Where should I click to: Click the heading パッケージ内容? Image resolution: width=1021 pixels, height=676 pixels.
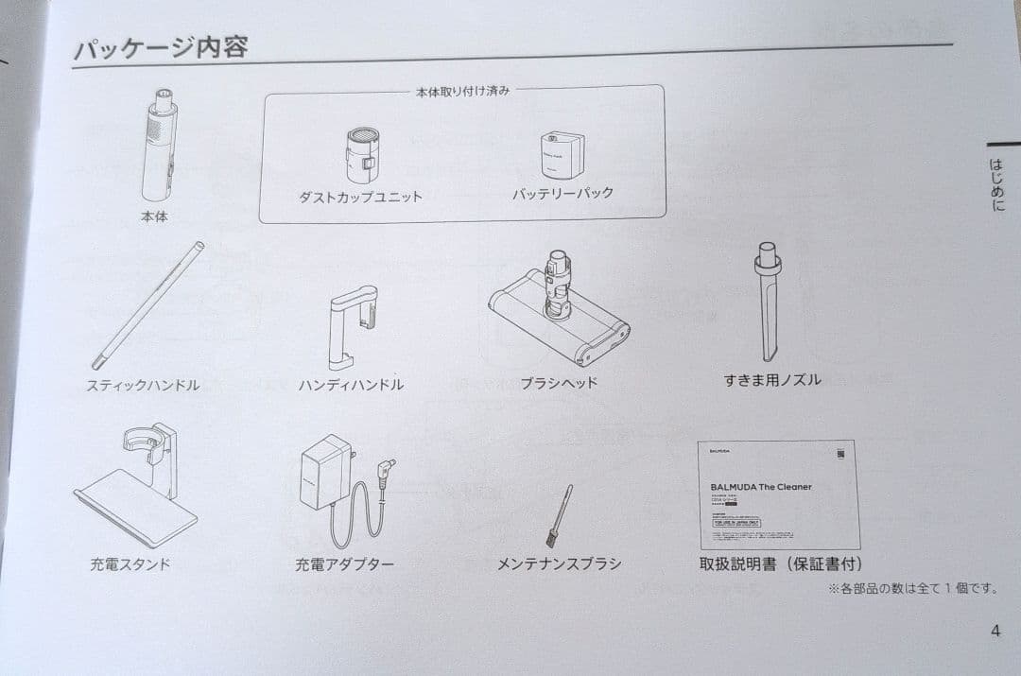pyautogui.click(x=161, y=46)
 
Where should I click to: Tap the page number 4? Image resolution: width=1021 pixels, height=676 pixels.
pyautogui.click(x=995, y=631)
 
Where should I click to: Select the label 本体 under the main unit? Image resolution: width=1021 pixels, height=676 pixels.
pyautogui.click(x=153, y=217)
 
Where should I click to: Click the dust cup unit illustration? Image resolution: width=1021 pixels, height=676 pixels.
pyautogui.click(x=361, y=154)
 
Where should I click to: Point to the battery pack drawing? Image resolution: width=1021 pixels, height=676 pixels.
pyautogui.click(x=562, y=152)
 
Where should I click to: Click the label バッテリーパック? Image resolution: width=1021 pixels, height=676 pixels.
pyautogui.click(x=562, y=193)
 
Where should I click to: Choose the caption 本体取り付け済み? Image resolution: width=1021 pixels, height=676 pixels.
pyautogui.click(x=462, y=91)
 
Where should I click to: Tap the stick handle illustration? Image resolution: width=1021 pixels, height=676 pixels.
pyautogui.click(x=148, y=304)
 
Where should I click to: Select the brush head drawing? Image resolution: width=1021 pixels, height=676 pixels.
pyautogui.click(x=558, y=313)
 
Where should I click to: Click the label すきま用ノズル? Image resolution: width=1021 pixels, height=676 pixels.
pyautogui.click(x=771, y=380)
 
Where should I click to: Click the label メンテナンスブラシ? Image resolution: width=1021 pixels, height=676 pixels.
pyautogui.click(x=559, y=563)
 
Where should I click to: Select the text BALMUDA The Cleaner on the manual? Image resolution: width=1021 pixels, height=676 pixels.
pyautogui.click(x=760, y=487)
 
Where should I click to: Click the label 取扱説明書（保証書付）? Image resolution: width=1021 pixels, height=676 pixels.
pyautogui.click(x=779, y=564)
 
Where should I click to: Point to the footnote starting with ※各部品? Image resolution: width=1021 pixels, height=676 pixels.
pyautogui.click(x=912, y=588)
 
